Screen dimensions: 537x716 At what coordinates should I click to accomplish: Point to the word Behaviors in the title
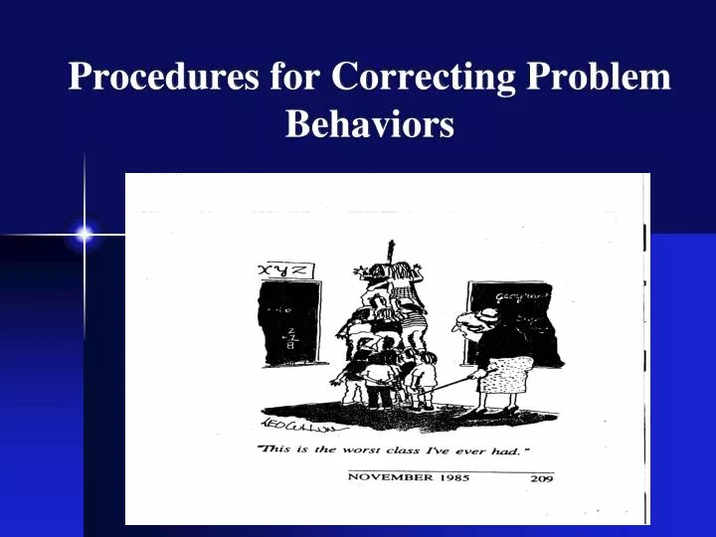370,124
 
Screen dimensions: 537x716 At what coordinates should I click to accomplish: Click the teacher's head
470,319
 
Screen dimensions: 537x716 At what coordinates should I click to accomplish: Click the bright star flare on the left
85,235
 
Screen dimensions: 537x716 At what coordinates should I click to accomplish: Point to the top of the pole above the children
390,242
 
